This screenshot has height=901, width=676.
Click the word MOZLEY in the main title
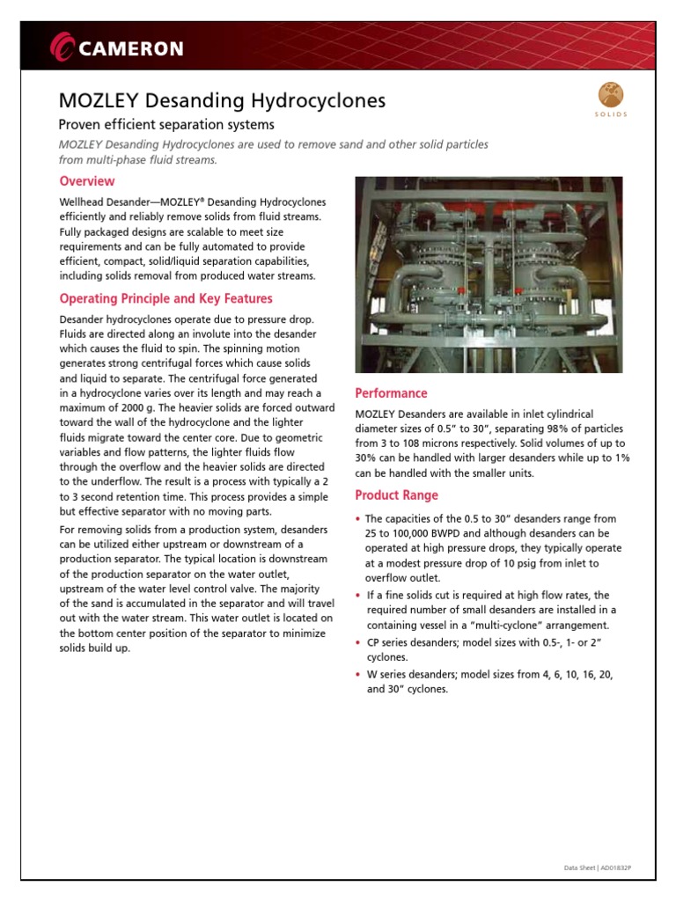96,101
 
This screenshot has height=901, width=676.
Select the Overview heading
86,181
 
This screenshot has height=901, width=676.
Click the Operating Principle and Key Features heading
165,298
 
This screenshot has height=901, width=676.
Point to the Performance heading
391,393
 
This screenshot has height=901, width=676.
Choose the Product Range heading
397,495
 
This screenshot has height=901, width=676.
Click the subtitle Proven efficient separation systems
166,125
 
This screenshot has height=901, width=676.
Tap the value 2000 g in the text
132,408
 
